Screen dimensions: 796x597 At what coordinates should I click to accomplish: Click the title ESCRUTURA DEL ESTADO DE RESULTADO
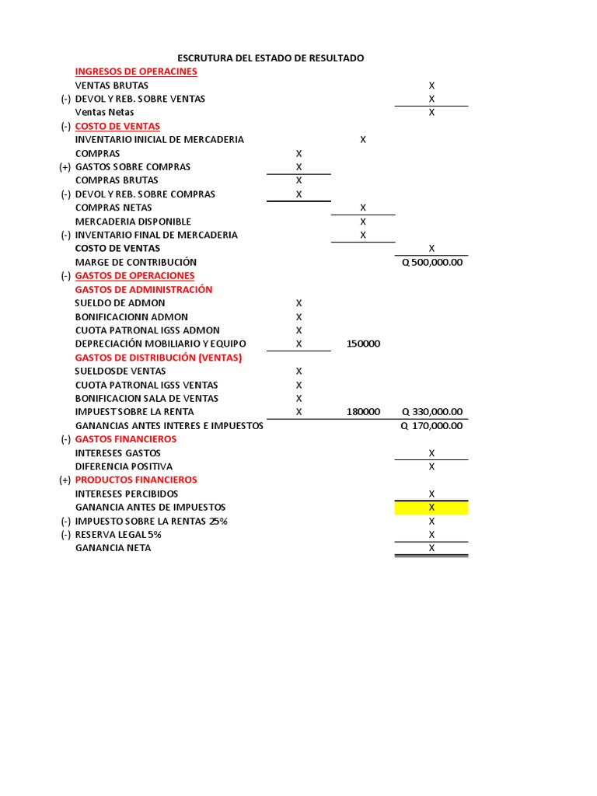[271, 58]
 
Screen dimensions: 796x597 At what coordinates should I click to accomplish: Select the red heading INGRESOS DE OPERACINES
[136, 72]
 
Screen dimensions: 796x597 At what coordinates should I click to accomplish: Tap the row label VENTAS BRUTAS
[111, 86]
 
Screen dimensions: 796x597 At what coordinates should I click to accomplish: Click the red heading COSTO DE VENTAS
[117, 126]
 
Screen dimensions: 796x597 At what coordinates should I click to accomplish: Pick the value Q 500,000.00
[431, 262]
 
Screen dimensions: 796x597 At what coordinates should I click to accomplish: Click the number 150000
[363, 344]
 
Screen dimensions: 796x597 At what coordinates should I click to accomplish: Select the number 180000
[363, 412]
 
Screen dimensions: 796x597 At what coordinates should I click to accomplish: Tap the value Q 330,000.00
[431, 412]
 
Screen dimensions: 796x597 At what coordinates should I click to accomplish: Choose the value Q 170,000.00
[431, 425]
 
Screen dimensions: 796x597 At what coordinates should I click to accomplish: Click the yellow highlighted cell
[431, 508]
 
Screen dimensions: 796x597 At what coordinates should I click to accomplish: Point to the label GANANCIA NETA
[113, 548]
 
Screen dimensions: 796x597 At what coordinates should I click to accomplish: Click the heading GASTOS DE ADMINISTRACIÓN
[143, 289]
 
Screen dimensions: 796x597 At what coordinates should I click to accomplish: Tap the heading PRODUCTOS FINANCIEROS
[136, 480]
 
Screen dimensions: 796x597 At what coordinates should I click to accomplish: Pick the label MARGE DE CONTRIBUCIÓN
[136, 262]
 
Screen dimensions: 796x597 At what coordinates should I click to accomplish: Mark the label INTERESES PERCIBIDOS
[127, 494]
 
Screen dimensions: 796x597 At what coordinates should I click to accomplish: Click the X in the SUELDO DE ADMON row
[298, 303]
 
